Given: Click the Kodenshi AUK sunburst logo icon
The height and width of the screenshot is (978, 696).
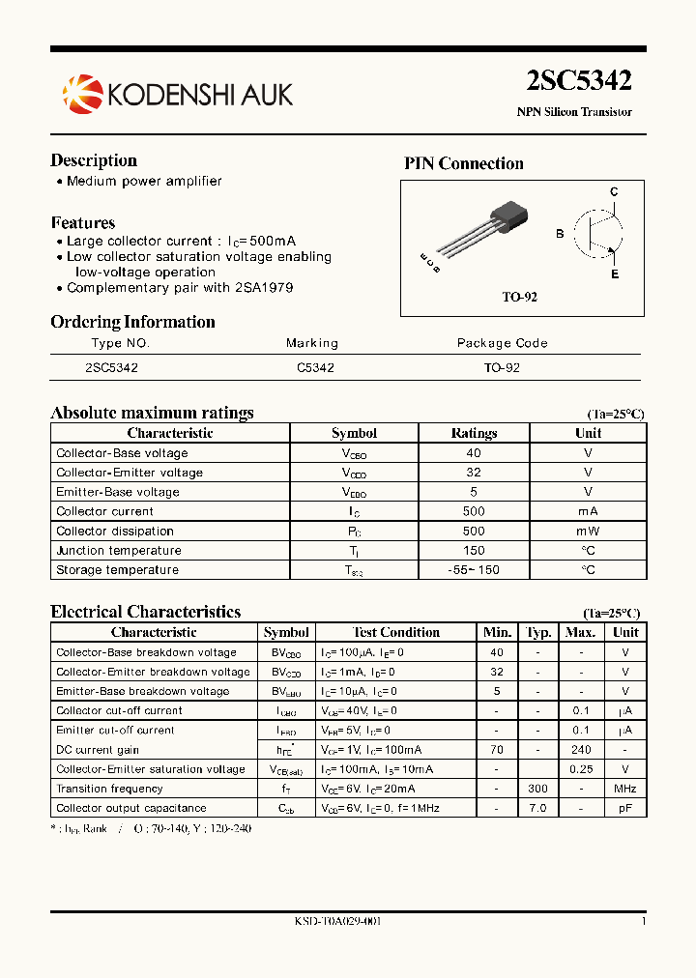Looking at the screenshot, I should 81,93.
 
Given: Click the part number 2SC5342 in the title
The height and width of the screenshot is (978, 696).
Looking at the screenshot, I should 579,82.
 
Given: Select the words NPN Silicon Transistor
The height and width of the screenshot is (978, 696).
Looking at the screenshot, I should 574,112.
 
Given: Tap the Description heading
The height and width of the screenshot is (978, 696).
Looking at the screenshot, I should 94,160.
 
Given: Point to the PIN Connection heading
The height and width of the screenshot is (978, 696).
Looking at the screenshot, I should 463,163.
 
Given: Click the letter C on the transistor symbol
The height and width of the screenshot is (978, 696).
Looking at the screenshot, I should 614,192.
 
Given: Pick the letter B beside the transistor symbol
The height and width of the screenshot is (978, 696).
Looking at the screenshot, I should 560,234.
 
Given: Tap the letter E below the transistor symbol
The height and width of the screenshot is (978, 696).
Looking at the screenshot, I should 615,274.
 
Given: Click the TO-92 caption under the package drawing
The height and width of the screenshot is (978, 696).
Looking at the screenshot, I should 519,297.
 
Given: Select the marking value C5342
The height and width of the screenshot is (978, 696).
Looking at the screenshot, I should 315,368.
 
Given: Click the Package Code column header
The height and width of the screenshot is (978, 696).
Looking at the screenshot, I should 502,343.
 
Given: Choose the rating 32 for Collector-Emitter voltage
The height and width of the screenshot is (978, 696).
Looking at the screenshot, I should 473,473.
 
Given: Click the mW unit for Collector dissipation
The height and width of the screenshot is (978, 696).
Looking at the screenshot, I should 588,531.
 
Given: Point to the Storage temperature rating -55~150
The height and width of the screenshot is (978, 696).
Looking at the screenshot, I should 474,570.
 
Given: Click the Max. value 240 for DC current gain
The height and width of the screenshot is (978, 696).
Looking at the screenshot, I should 580,750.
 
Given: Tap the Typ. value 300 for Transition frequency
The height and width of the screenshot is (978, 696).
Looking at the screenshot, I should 537,789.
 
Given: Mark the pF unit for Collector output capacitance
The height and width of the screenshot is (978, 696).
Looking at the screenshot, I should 625,808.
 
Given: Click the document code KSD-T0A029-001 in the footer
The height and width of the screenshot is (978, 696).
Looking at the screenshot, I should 337,921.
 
